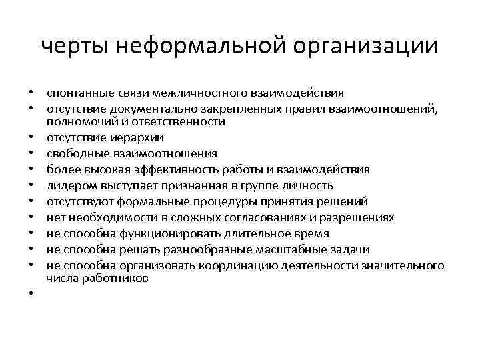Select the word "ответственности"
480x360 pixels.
(x=184, y=122)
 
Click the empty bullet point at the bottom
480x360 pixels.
(x=31, y=295)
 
